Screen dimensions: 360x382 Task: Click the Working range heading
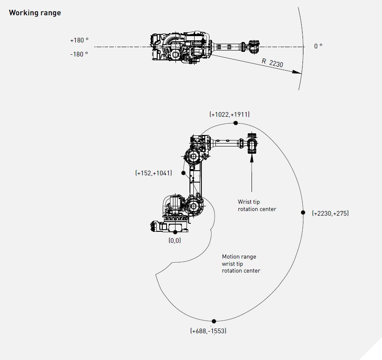(x=35, y=13)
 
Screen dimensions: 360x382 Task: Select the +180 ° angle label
(x=79, y=40)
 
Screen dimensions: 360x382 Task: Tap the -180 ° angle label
(x=79, y=54)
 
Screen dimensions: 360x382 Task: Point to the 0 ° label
(x=318, y=46)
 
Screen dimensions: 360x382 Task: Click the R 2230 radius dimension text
(x=272, y=63)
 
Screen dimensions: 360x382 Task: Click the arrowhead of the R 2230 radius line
(x=299, y=73)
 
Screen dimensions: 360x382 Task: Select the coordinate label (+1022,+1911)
(x=229, y=114)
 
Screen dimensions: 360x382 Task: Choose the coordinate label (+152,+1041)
(x=154, y=173)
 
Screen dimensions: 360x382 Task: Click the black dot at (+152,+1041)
(x=183, y=173)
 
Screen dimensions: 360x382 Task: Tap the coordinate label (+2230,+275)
(x=330, y=214)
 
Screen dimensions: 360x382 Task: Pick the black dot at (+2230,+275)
(x=303, y=212)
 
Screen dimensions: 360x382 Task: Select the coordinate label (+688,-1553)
(x=208, y=331)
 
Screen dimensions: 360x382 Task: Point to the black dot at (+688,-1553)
(x=214, y=321)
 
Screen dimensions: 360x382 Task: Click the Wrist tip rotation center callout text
(x=257, y=205)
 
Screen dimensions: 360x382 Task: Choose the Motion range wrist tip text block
(x=241, y=264)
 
